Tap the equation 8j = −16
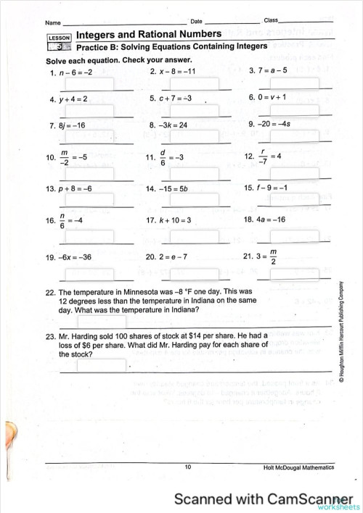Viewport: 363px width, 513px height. coord(73,125)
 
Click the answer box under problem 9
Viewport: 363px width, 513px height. coord(299,136)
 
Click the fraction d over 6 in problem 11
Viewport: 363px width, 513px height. coord(164,157)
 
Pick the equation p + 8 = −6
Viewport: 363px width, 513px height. coord(75,188)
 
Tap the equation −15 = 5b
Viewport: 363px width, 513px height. coord(174,188)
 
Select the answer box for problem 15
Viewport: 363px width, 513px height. coord(299,199)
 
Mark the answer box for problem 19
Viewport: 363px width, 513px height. coord(95,270)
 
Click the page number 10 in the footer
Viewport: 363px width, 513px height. coord(187,467)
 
